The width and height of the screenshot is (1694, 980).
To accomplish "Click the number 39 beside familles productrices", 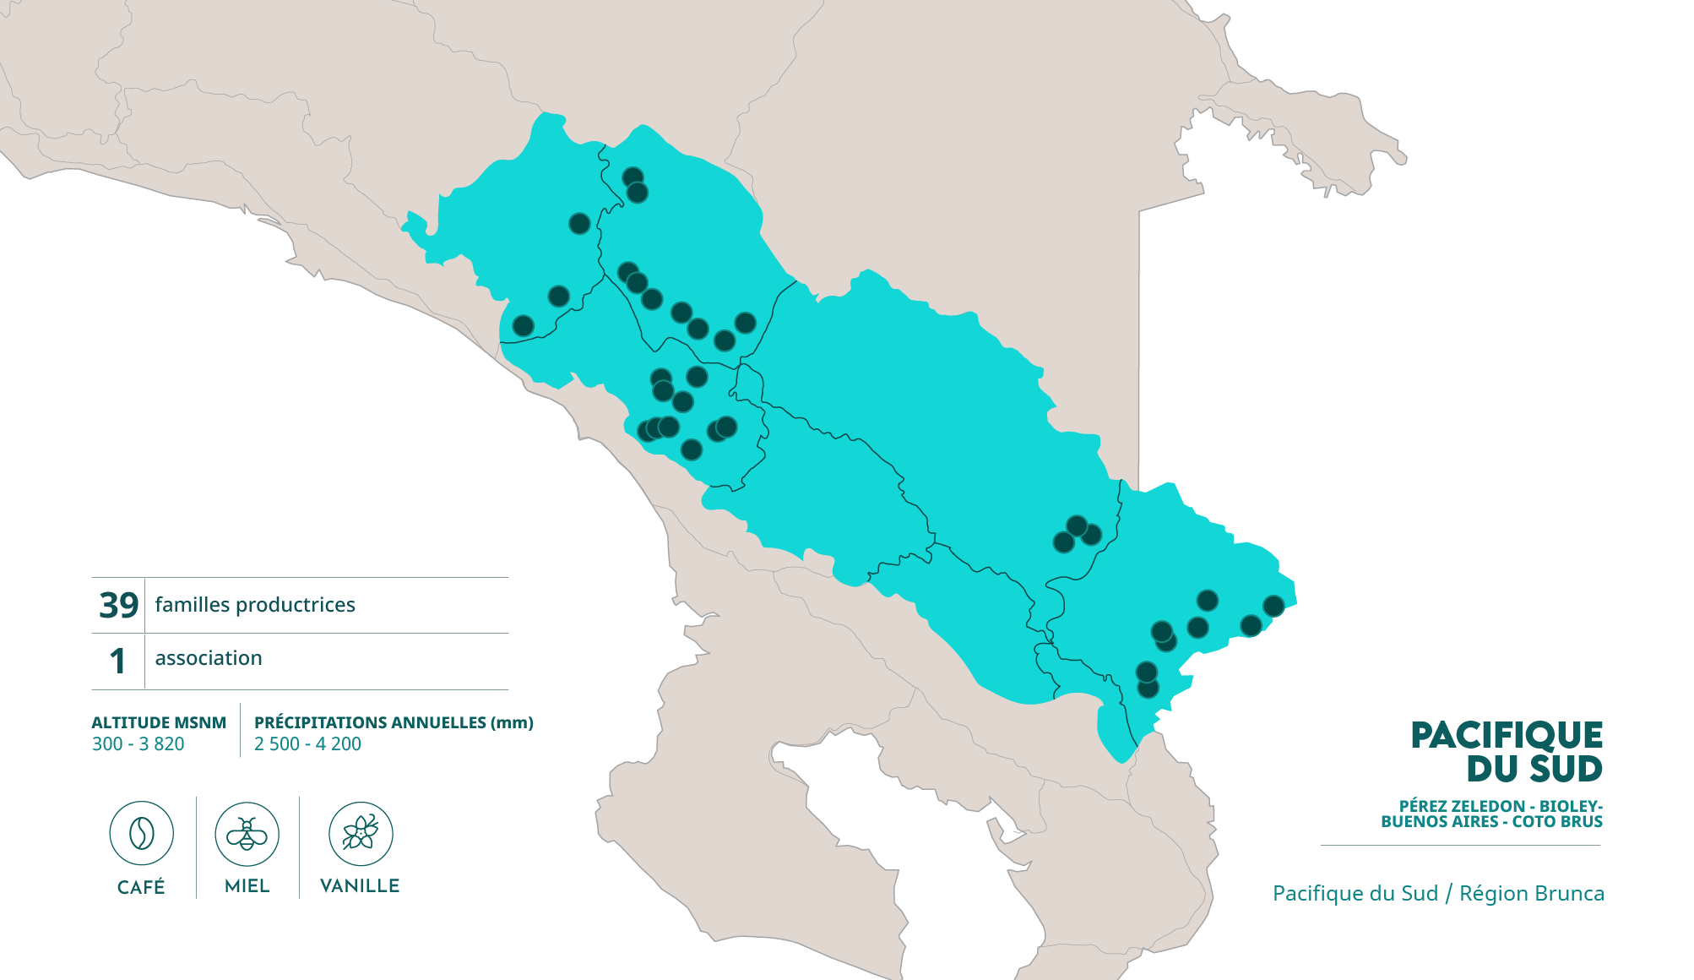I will point(118,605).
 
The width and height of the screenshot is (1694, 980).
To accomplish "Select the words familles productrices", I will point(255,605).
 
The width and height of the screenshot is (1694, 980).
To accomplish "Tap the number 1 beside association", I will point(117,661).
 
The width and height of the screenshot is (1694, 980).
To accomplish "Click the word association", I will point(209,658).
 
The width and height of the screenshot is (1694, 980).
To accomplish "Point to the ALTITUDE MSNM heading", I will point(159,722).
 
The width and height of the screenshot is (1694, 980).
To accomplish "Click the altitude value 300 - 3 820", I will point(138,744).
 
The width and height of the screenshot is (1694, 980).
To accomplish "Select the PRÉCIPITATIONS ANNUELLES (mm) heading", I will point(394,722).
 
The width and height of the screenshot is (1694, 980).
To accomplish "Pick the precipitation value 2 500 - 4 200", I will point(307,744).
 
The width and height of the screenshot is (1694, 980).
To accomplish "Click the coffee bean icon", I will point(141,834).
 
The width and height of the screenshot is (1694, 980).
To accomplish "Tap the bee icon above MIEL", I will point(247,834).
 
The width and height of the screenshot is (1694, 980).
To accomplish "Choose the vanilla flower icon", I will point(361,834).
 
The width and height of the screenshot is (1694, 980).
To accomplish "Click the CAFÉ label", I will point(141,886).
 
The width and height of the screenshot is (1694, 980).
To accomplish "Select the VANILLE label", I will point(360,885).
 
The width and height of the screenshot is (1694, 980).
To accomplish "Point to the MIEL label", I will point(247,885).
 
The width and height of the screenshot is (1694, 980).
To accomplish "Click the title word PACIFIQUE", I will point(1507,736).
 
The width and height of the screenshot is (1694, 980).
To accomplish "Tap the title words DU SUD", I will point(1534,769).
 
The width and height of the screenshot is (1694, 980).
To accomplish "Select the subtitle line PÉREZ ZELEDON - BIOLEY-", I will point(1501,806).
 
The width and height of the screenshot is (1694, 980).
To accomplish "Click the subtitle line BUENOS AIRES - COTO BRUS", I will point(1491,821).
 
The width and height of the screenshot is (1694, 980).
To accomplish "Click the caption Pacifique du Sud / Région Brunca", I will point(1438,894).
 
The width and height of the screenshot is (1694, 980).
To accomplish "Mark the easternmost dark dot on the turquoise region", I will point(1273,606).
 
